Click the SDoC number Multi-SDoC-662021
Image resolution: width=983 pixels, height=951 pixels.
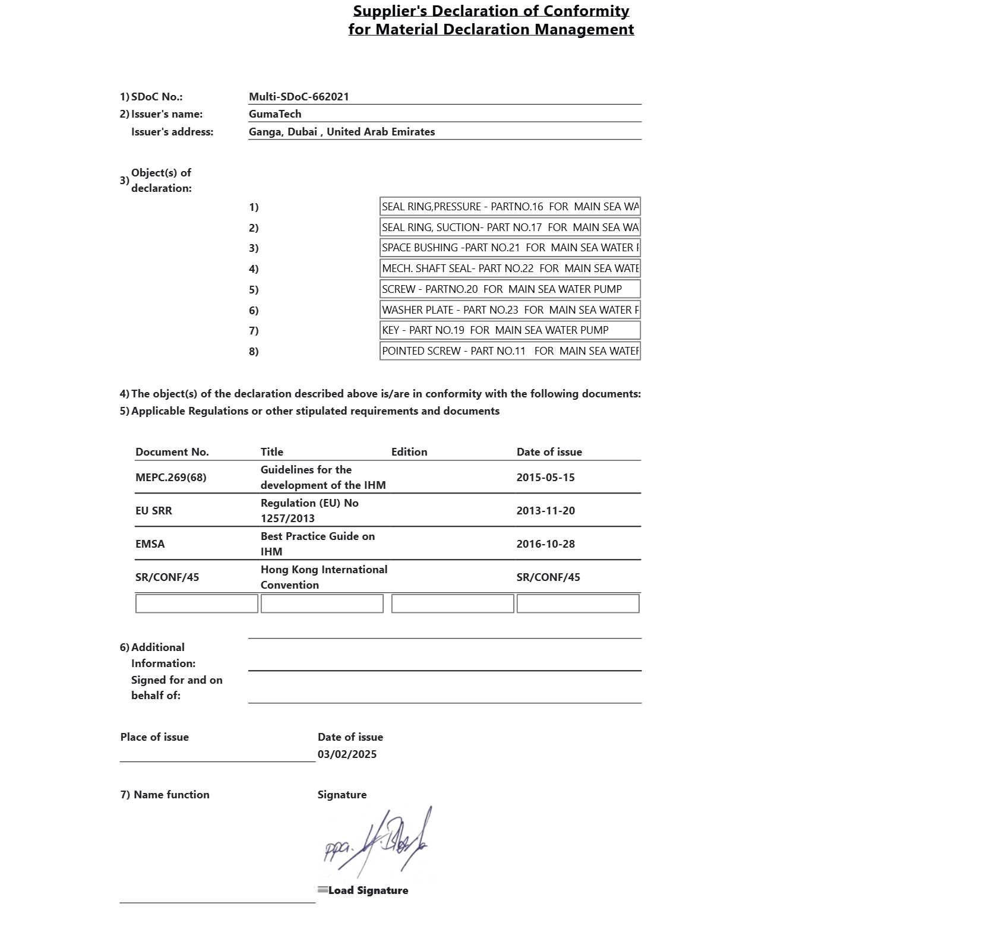(299, 97)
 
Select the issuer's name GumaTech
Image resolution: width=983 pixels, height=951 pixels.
(275, 114)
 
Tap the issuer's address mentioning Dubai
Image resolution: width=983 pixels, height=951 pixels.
(342, 132)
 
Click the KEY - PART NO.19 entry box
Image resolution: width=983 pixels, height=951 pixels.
(510, 330)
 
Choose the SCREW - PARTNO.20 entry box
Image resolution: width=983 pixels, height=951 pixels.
(510, 289)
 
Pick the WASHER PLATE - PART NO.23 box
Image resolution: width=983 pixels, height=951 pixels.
(510, 310)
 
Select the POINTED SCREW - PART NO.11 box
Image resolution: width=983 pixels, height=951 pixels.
(510, 351)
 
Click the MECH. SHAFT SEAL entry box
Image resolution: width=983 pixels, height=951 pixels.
(510, 268)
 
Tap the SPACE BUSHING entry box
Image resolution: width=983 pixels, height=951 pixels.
(510, 248)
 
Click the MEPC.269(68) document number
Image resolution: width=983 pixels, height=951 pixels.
(171, 478)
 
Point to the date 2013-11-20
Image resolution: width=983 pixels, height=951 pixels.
(545, 511)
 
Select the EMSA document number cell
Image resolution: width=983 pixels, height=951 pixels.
(150, 544)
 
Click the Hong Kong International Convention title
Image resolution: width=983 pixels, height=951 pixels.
(324, 577)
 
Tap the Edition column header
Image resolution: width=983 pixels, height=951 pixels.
(409, 452)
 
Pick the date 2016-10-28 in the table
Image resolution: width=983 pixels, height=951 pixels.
(545, 544)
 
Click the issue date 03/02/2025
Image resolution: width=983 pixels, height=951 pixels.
(347, 754)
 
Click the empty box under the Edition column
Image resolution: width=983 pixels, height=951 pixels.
(453, 604)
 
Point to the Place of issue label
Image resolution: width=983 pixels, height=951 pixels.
(154, 737)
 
